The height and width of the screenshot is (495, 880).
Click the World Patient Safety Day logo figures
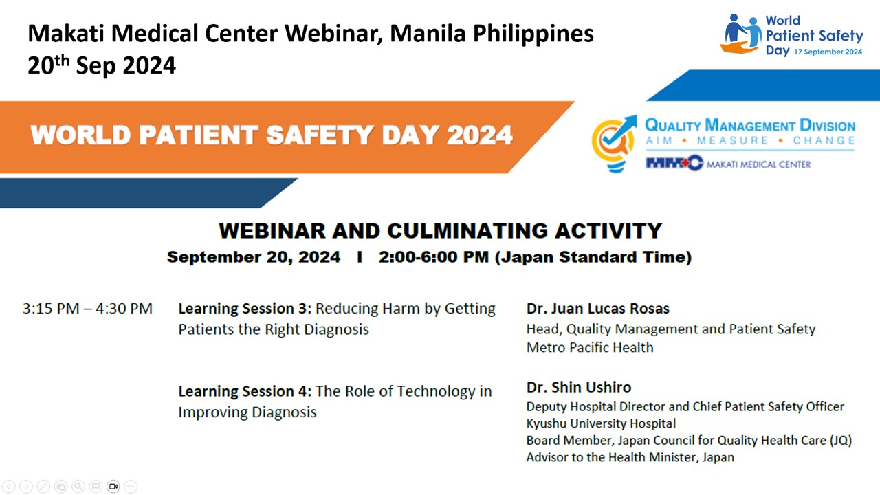tap(741, 34)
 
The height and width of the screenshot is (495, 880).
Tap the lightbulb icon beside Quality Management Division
tap(614, 144)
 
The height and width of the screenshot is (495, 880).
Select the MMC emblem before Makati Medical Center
tap(674, 163)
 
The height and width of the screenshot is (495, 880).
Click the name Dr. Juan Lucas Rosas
tap(597, 309)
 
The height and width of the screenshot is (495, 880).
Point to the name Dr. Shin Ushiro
tap(579, 387)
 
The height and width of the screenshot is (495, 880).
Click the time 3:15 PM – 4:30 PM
tap(87, 309)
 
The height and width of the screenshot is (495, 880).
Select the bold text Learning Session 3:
tap(245, 309)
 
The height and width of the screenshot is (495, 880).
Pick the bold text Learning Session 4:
tap(245, 391)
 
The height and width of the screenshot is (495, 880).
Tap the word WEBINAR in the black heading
tap(272, 230)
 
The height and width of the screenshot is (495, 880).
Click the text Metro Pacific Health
tap(590, 347)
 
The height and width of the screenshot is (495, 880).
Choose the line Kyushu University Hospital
tap(601, 423)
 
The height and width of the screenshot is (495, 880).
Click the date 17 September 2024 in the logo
tap(828, 52)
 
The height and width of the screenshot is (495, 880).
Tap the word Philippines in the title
tap(533, 34)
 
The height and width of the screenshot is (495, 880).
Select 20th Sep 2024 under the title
tap(101, 64)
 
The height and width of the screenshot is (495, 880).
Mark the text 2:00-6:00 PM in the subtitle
tap(434, 257)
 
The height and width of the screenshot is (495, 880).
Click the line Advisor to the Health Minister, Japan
tap(630, 457)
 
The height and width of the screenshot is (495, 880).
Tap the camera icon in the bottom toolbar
tap(113, 486)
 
